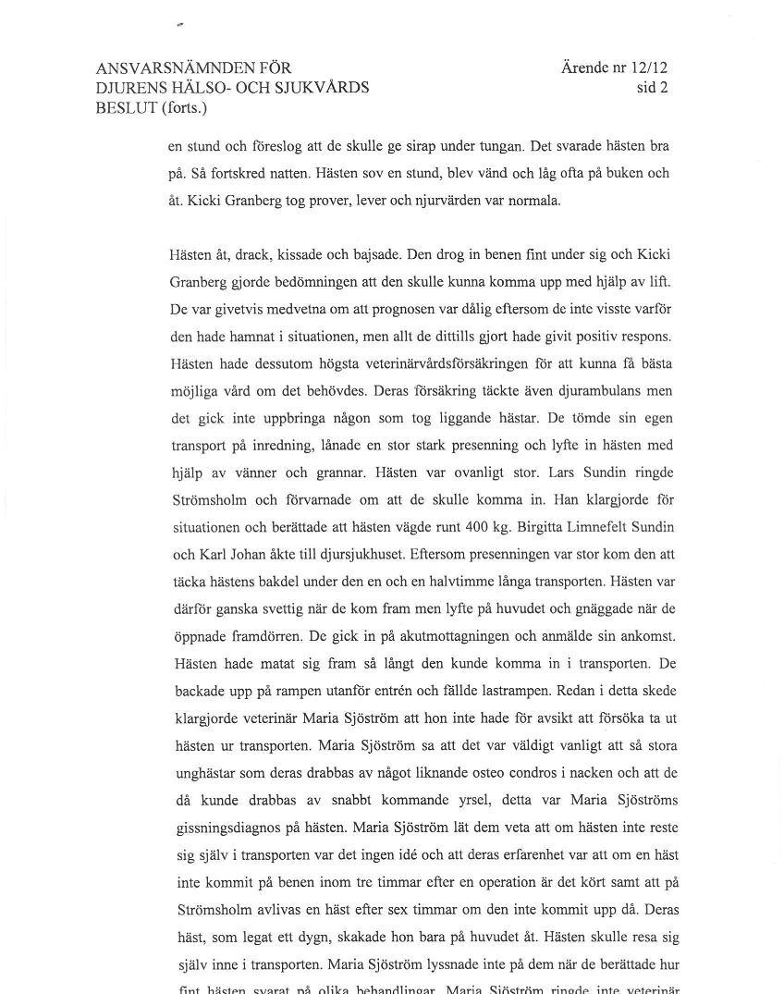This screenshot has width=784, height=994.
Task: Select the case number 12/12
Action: click(650, 67)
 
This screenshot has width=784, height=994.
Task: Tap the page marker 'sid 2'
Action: click(652, 88)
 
